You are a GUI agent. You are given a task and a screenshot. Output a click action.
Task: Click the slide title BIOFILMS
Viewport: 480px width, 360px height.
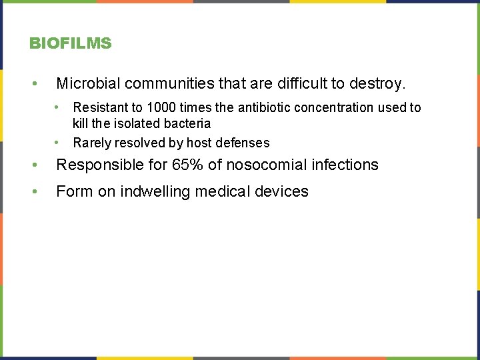tap(71, 44)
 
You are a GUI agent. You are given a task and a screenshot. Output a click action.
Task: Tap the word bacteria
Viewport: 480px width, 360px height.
tap(187, 123)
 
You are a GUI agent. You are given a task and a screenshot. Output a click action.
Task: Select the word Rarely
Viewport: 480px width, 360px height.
tap(92, 143)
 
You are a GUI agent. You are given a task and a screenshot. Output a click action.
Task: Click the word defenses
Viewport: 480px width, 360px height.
tap(243, 143)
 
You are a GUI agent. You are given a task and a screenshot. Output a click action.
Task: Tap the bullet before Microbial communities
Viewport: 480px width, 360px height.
tap(33, 84)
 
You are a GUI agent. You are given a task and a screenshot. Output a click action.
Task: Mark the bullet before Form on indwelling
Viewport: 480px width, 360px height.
tap(33, 192)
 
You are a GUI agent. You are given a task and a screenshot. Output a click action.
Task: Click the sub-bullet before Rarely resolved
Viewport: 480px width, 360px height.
tap(59, 142)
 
